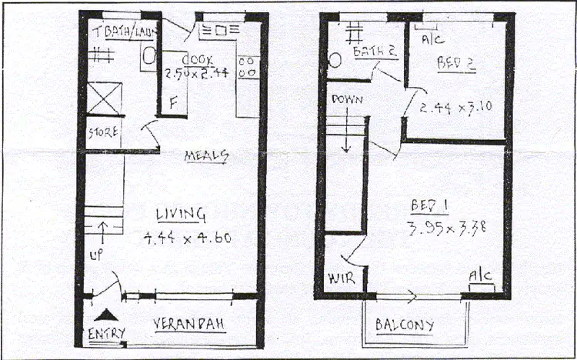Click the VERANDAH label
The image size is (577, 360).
coord(188,324)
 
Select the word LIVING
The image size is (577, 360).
coord(180,213)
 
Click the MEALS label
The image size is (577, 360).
coord(206,156)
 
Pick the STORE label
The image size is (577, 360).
coord(103,132)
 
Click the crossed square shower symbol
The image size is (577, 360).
coord(103,98)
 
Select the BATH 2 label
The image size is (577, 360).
coord(375,52)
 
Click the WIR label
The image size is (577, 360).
coord(340,277)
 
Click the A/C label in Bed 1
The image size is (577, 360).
coord(480,275)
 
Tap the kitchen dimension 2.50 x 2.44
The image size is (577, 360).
coord(197,75)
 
